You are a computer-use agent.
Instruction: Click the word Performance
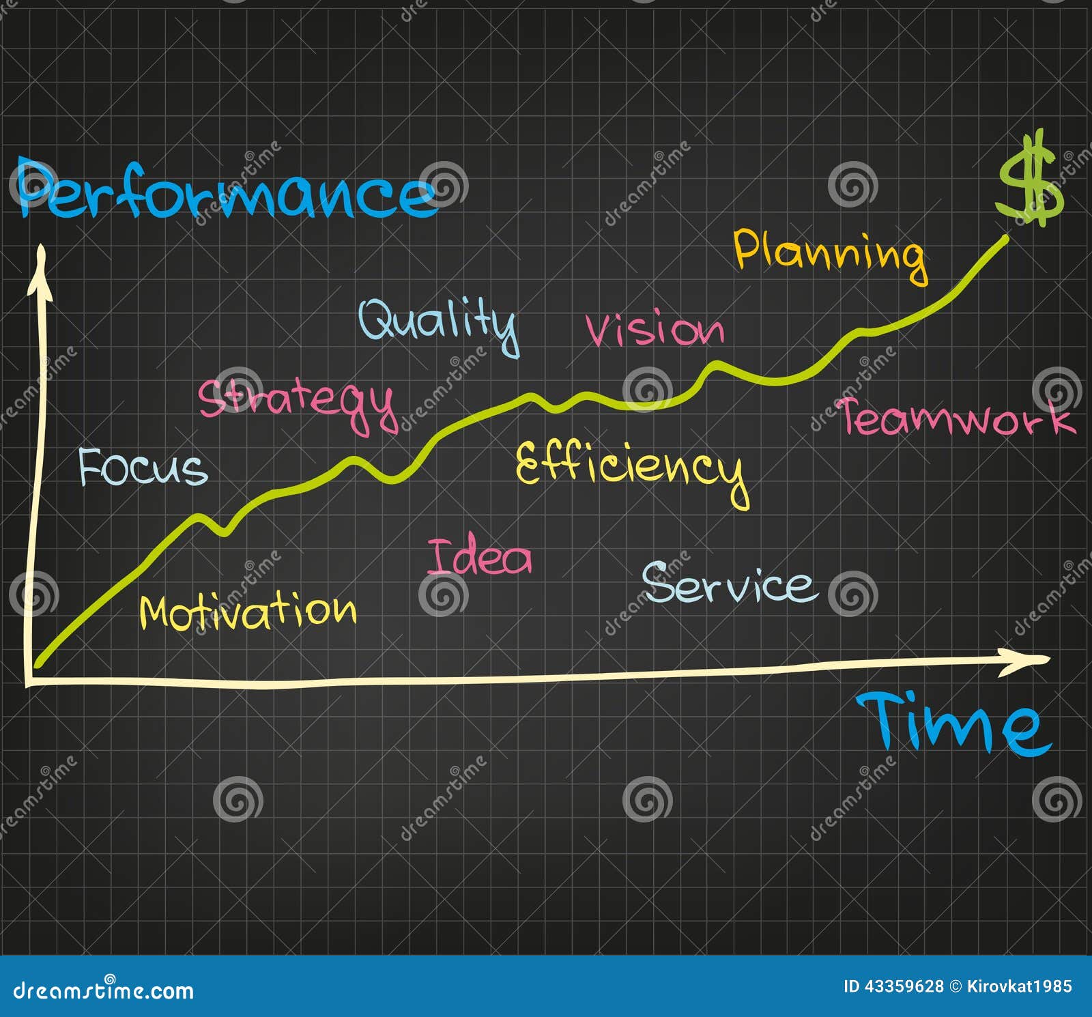(225, 191)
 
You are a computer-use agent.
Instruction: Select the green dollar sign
(1029, 181)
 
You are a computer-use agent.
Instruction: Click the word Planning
(830, 254)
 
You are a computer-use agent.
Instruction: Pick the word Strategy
(298, 403)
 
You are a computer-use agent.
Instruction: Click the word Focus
(143, 468)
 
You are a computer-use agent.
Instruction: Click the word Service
(729, 584)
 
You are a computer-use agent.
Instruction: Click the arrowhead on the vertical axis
(40, 270)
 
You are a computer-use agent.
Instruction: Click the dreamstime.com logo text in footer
(104, 989)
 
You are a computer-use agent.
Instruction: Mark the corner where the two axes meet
(29, 682)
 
